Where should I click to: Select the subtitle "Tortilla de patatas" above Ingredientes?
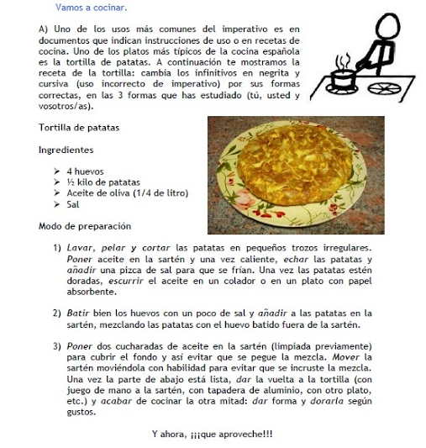tap(79, 128)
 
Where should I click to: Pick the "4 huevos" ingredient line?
tap(85, 171)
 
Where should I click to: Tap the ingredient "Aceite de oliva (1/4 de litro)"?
tap(127, 192)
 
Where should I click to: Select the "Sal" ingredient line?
tap(73, 203)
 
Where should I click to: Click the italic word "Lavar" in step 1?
tap(82, 249)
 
